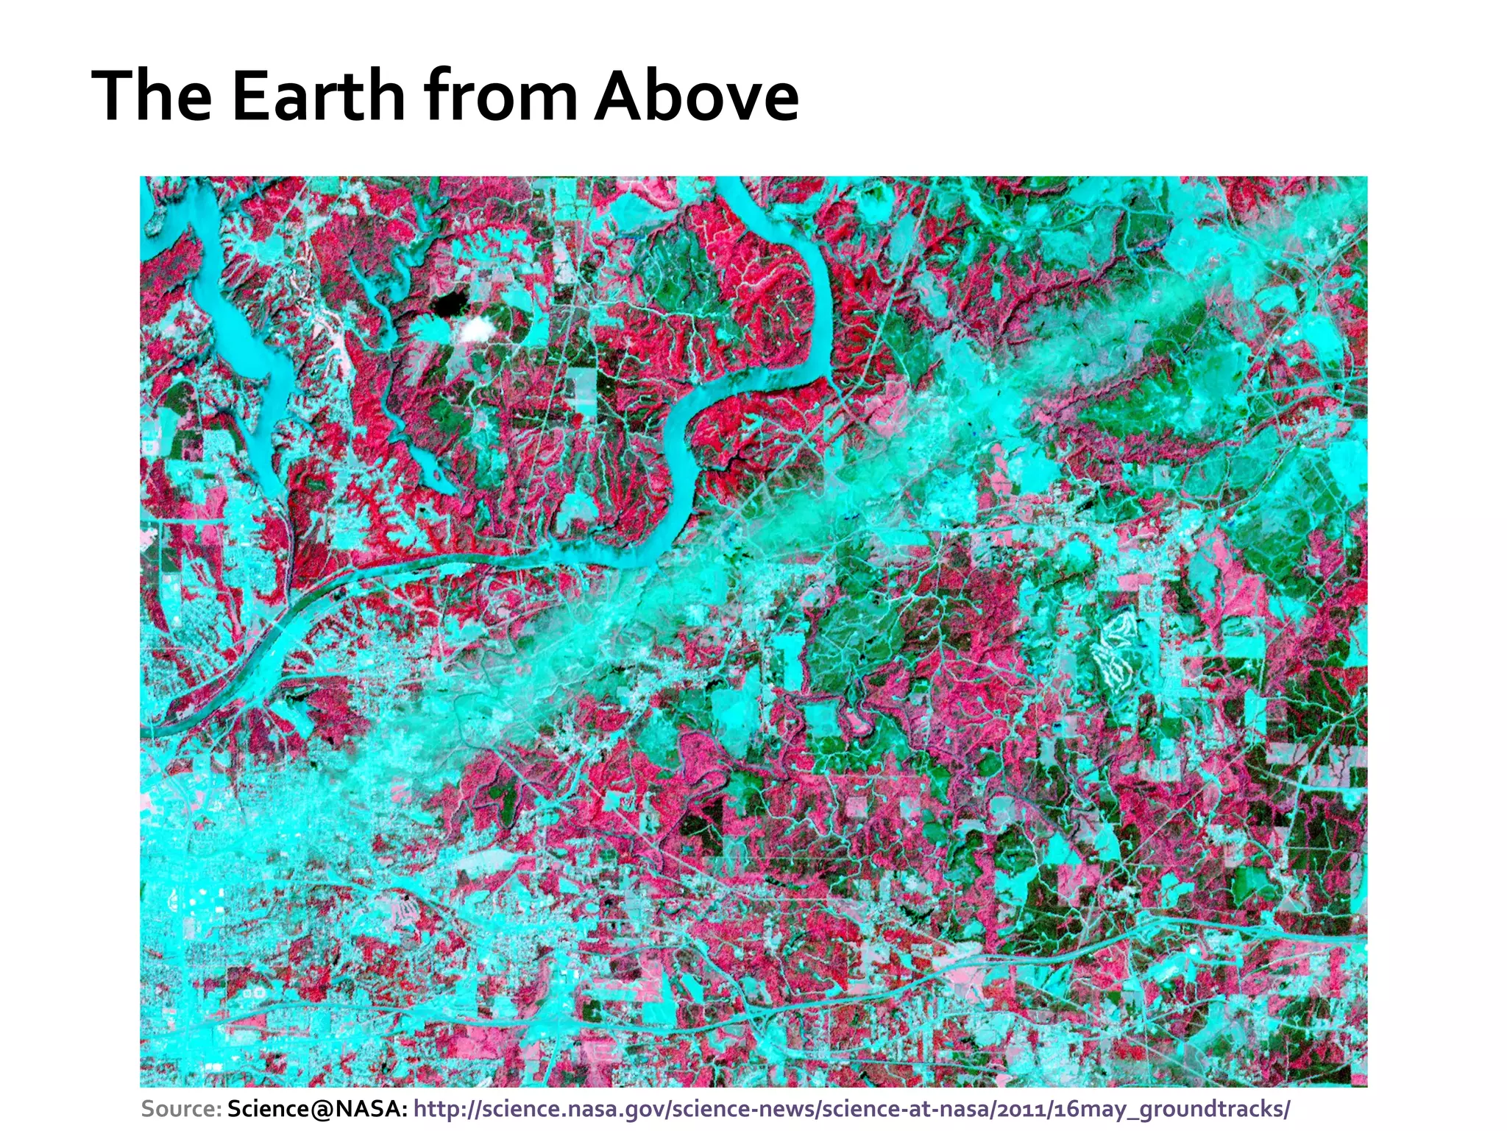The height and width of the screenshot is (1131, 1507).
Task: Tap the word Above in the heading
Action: click(696, 96)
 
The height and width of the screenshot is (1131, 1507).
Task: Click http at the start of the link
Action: click(436, 1108)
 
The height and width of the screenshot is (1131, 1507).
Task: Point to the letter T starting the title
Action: click(111, 96)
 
